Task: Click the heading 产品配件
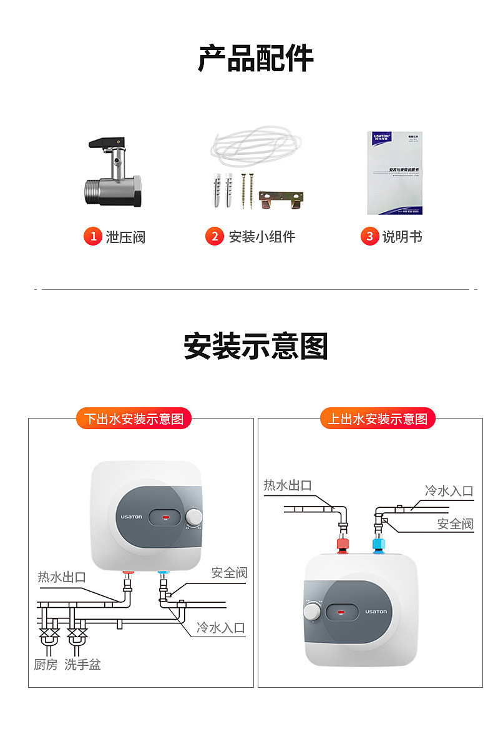pos(255,59)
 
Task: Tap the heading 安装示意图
pos(255,345)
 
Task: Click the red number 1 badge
pos(92,236)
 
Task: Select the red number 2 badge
pos(214,236)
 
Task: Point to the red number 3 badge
pos(369,236)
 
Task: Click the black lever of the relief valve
pos(103,143)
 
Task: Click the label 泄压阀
pos(125,237)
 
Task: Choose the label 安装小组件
pos(261,237)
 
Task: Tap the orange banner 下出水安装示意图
pos(134,419)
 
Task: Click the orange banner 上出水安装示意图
pos(378,419)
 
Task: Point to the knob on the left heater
pos(195,517)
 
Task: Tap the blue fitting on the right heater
pos(378,544)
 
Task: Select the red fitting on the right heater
pos(343,544)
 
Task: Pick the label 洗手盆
pos(82,665)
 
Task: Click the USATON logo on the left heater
pos(132,517)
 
